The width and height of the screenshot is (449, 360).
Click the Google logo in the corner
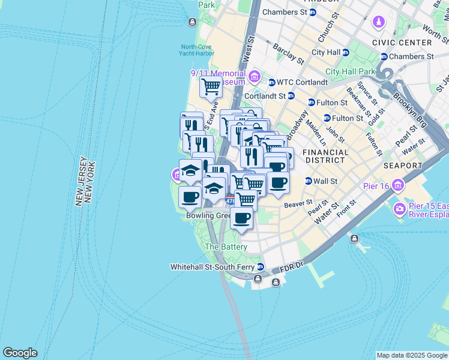click(20, 353)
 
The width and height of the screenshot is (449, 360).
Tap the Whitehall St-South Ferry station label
click(212, 267)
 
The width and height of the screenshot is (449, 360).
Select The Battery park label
click(226, 247)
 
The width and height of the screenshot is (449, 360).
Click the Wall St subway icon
click(309, 181)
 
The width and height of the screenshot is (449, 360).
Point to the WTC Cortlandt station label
click(298, 82)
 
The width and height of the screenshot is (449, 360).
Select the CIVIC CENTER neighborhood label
click(402, 43)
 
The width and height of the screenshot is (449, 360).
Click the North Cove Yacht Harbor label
click(196, 50)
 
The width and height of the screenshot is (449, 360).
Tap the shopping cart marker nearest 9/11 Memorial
click(211, 87)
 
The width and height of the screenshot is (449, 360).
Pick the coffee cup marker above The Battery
click(241, 219)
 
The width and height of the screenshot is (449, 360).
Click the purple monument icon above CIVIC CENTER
click(379, 23)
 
